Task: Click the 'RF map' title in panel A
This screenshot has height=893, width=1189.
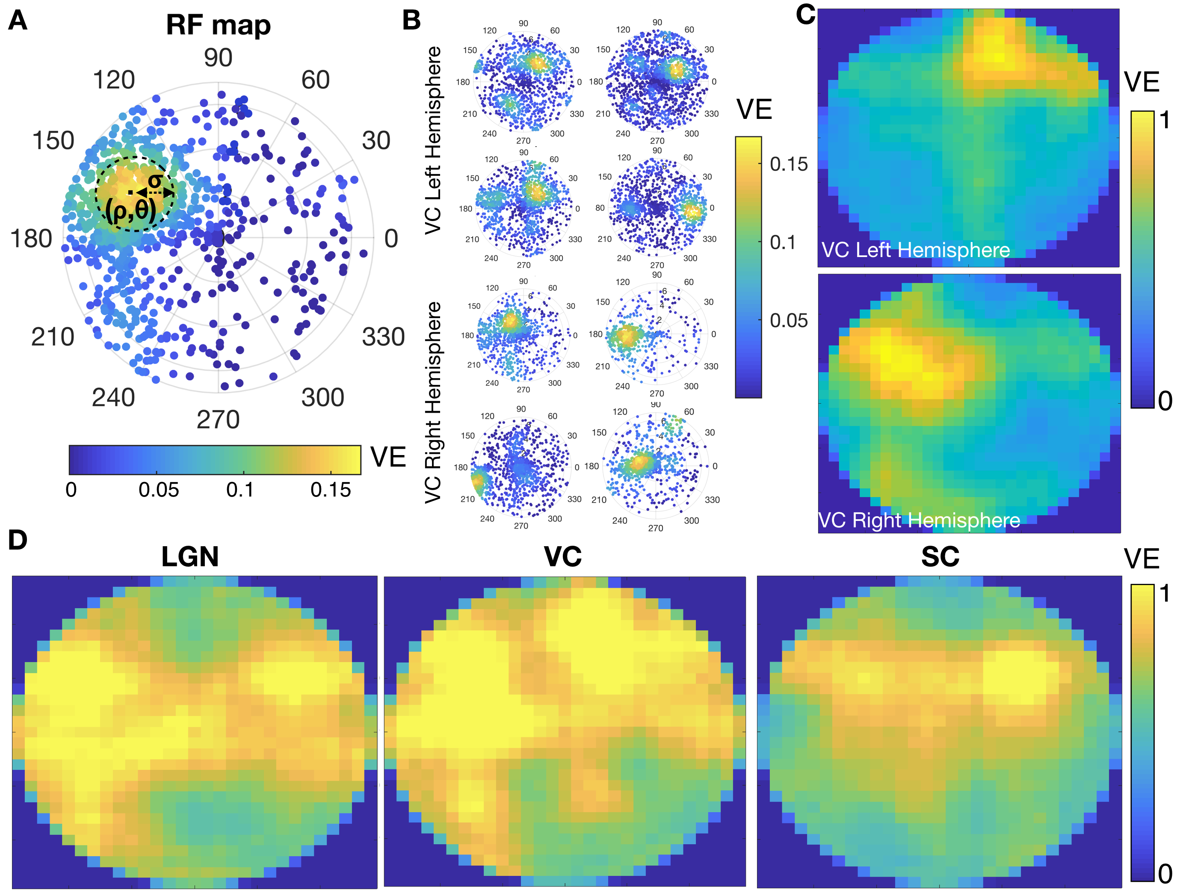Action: click(x=218, y=25)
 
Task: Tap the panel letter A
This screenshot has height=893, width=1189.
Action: click(x=18, y=21)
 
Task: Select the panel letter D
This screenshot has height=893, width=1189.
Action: click(x=18, y=540)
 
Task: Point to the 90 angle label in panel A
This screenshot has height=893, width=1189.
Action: click(x=218, y=58)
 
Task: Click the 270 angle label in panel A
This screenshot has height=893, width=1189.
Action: click(x=218, y=420)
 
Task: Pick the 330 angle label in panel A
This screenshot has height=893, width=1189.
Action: click(x=383, y=337)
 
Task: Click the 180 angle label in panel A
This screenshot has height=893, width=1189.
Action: click(x=31, y=239)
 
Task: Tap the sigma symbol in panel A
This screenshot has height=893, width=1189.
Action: click(x=155, y=180)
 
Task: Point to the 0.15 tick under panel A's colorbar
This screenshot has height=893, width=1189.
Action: click(x=331, y=490)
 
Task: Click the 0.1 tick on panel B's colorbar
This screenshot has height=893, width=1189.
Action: click(x=782, y=242)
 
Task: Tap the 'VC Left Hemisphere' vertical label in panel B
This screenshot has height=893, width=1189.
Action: click(x=433, y=141)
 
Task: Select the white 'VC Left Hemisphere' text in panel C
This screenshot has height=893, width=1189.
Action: click(x=915, y=251)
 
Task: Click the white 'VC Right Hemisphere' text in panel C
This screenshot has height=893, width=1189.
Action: click(x=919, y=520)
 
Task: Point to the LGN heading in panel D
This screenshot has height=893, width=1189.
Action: click(x=190, y=557)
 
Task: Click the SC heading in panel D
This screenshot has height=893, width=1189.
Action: click(x=940, y=557)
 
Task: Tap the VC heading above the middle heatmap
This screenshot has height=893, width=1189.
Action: click(x=563, y=557)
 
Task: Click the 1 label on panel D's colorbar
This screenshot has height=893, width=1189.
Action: click(x=1164, y=594)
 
